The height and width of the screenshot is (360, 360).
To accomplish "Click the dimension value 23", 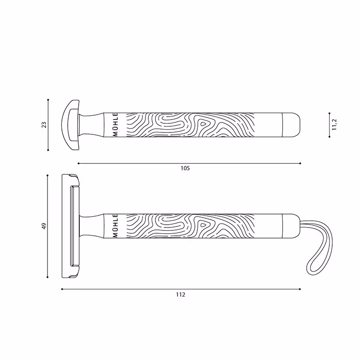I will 44,125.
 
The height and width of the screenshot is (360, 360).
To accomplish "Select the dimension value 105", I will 185,168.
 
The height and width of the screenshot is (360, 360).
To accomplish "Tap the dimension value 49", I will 43,226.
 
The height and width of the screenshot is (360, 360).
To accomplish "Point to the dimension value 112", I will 180,295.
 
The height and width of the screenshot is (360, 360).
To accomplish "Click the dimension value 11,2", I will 335,125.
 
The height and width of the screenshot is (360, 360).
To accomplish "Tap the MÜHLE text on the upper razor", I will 115,125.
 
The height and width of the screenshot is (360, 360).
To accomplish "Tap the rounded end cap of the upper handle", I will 291,125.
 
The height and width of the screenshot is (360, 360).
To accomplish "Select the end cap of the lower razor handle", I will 291,226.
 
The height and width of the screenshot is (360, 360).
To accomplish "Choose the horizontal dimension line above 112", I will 180,289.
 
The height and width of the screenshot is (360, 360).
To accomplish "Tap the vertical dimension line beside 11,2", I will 329,125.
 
